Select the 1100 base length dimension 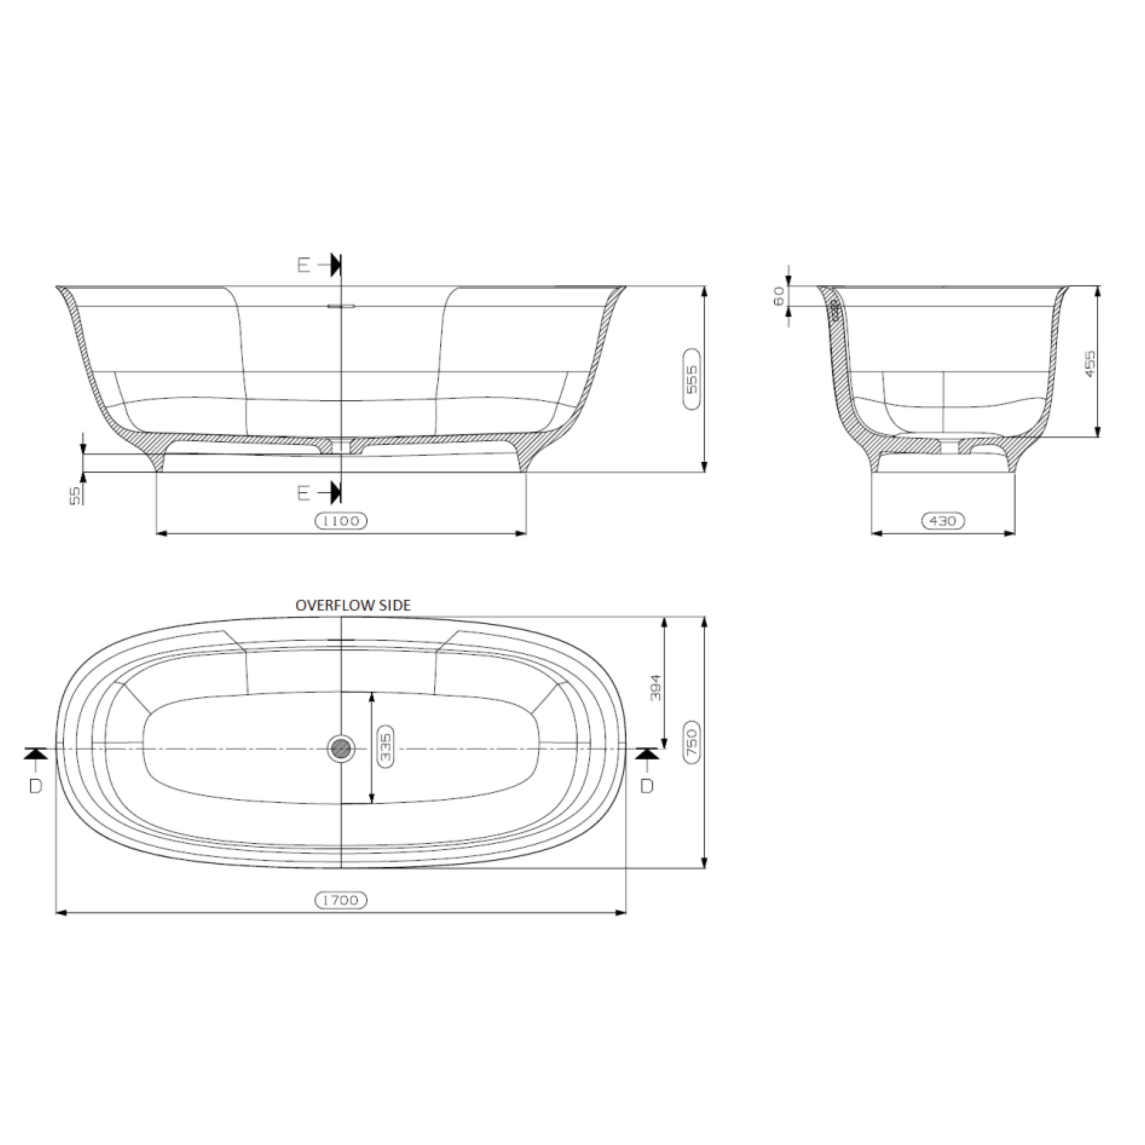point(341,521)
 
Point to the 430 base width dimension point(942,521)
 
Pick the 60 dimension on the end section point(780,295)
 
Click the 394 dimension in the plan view point(656,688)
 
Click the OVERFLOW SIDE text point(353,605)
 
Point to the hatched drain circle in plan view point(341,749)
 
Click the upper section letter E point(303,265)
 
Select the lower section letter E point(303,492)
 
